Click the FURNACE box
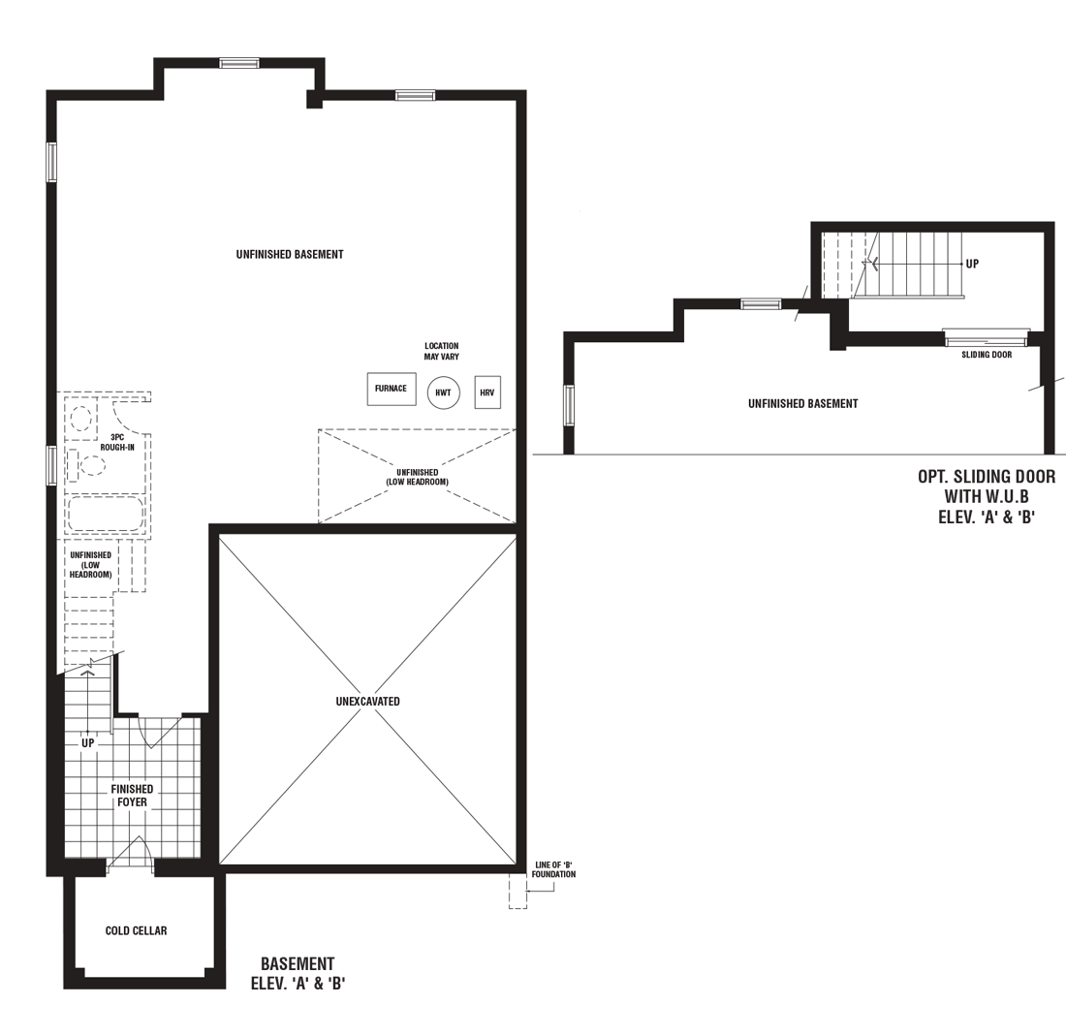[x=391, y=389]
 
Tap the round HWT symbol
[x=443, y=392]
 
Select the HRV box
[x=487, y=392]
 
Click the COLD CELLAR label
[x=136, y=930]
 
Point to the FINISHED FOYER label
[x=132, y=796]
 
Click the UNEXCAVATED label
[x=368, y=701]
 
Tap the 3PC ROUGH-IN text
[x=117, y=442]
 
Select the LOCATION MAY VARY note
[x=442, y=351]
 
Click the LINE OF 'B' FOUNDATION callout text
[x=553, y=869]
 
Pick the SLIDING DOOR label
[x=987, y=354]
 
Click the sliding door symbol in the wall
[x=986, y=337]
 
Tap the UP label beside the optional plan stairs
[x=972, y=264]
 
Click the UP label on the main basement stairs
[x=87, y=743]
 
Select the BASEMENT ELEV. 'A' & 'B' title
[x=298, y=973]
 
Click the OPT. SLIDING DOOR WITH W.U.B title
[x=987, y=496]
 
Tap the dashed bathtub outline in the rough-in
[x=106, y=514]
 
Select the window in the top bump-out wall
[x=238, y=63]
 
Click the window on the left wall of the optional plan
[x=568, y=405]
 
